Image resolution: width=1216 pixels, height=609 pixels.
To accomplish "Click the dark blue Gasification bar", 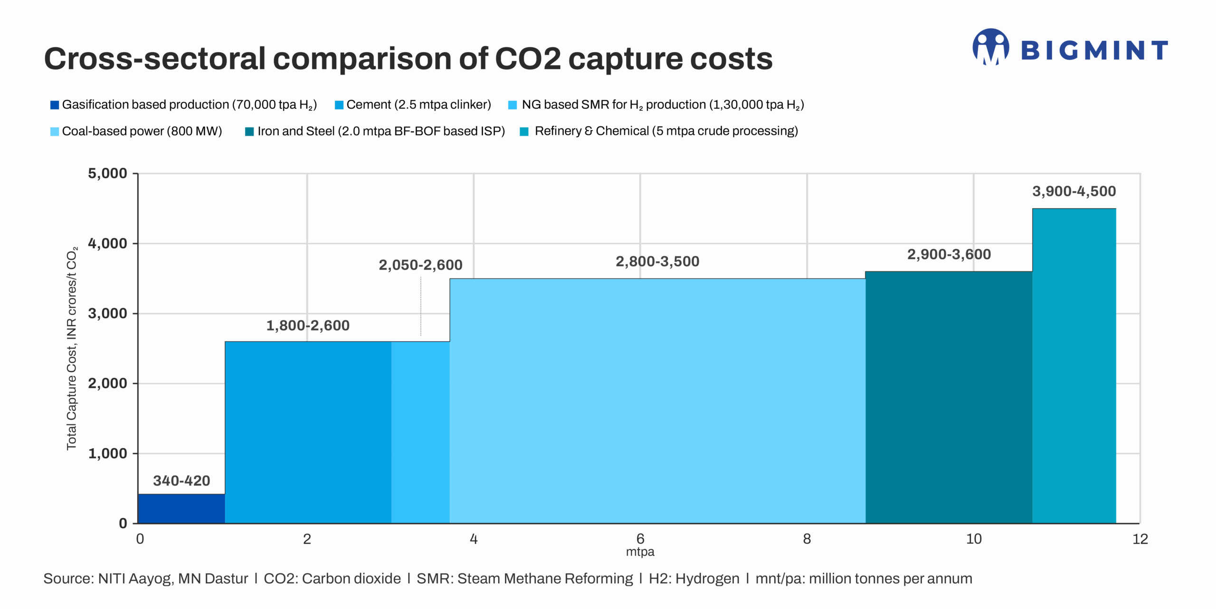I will coord(181,508).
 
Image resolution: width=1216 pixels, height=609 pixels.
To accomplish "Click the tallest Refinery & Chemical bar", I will coord(1073,366).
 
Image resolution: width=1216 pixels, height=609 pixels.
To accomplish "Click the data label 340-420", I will coord(181,481).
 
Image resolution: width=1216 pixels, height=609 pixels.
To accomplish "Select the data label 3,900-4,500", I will coord(1074,191).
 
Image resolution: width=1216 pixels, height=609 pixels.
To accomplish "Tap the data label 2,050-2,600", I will coord(420,265).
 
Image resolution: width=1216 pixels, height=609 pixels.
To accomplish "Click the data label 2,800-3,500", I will coord(657,261).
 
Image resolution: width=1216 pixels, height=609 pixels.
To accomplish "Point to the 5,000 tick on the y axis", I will coord(108,174).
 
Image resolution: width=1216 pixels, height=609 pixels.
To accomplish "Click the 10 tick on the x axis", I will coord(973,539).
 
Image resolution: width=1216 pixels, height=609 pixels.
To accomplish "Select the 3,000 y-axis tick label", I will coord(108,313).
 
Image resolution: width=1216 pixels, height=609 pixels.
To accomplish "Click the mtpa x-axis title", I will coord(640,552).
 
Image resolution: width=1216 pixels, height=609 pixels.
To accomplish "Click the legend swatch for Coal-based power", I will coord(55,132).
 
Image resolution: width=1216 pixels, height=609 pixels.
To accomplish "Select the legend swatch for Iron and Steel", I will coord(249,132).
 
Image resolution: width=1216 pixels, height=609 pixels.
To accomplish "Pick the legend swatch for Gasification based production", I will coord(55,105).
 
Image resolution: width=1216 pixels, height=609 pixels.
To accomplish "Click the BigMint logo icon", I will coord(990,47).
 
